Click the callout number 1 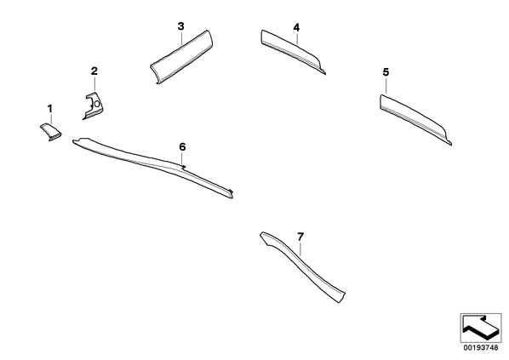pos(50,109)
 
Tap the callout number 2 pos(94,71)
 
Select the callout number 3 pos(180,26)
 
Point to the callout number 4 pos(296,27)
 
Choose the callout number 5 pos(386,72)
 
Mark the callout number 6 pos(182,147)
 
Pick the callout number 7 pos(300,237)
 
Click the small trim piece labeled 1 pos(51,132)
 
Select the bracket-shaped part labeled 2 pos(94,106)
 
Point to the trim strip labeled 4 pos(292,51)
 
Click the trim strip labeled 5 pos(414,117)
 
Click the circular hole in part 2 pos(97,105)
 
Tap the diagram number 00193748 pos(481,348)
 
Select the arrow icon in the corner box pos(480,327)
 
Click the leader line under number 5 pos(386,86)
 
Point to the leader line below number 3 pos(181,38)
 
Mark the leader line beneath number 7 pos(301,249)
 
